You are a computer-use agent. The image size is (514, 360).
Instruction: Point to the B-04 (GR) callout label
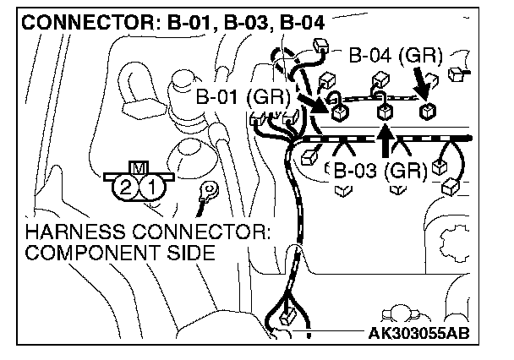click(x=396, y=56)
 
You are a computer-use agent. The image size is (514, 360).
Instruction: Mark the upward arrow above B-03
click(x=385, y=140)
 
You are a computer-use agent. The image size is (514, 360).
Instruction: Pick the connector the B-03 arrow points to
click(x=384, y=111)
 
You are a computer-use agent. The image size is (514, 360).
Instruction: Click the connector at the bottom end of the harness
click(x=288, y=317)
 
